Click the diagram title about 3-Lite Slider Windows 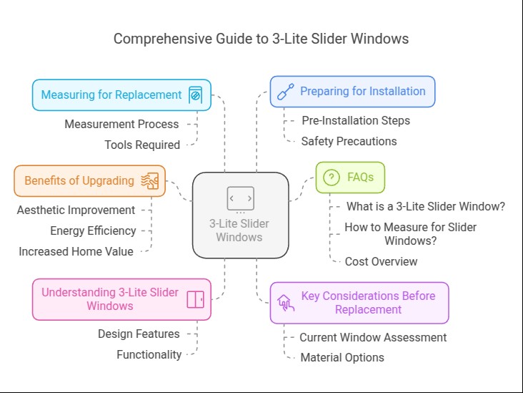coord(261,39)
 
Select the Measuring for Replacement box coord(121,94)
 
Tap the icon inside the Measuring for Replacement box coord(195,95)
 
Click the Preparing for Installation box coord(352,92)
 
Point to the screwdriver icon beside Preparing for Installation coord(285,92)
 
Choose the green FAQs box coord(350,178)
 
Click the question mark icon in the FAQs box coord(331,178)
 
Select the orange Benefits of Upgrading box coord(89,181)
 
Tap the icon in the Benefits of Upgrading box coord(150,181)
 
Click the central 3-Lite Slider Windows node coord(240,215)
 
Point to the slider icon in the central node coord(240,198)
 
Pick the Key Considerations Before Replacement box coord(359,303)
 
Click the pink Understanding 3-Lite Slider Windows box coord(121,299)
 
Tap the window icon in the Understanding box coord(195,299)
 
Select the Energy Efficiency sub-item coord(93,231)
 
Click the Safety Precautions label coord(349,141)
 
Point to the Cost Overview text coord(381,261)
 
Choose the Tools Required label coord(142,145)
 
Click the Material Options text coord(342,357)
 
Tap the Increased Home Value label coord(76,251)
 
